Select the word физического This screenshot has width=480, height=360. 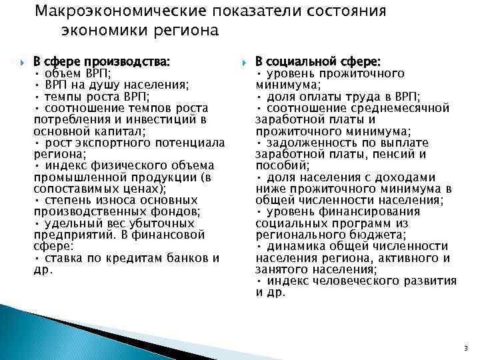(120, 165)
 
